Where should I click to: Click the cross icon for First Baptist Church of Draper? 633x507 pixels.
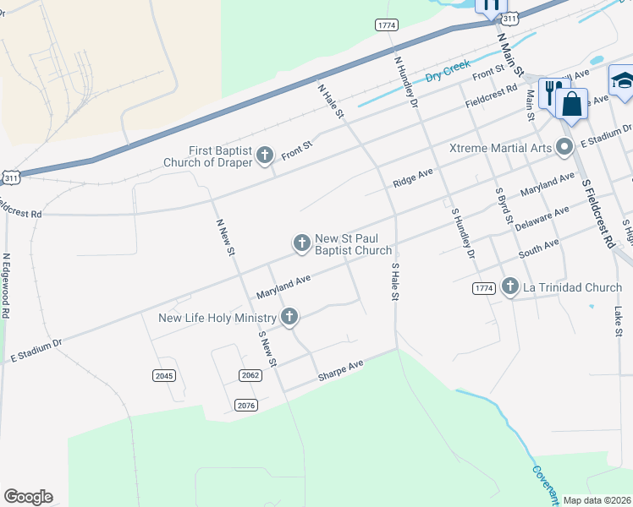point(265,154)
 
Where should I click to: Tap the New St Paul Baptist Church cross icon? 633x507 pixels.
point(301,243)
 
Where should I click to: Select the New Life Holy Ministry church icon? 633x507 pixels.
point(289,318)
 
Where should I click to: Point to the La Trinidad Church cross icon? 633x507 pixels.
point(509,287)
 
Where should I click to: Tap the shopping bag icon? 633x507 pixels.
point(572,105)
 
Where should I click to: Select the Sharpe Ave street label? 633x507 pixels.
point(340,370)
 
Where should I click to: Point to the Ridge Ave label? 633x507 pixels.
point(413,177)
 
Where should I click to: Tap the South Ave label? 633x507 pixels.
point(539,249)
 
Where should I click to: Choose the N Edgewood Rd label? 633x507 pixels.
point(5,285)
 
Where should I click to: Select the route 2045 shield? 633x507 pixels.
point(164,375)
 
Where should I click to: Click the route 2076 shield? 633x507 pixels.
point(245,406)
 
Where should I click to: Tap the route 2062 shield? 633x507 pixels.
point(250,375)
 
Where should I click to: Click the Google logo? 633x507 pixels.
point(28,497)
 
